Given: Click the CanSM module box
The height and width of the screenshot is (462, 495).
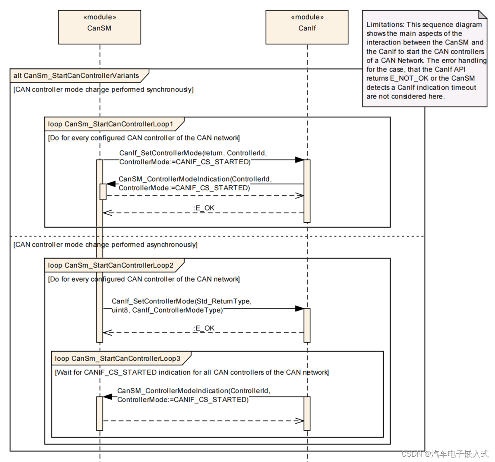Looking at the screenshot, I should click(x=99, y=27).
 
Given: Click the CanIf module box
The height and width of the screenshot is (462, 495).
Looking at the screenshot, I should click(x=307, y=27).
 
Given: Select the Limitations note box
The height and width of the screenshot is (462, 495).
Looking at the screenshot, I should click(x=424, y=60).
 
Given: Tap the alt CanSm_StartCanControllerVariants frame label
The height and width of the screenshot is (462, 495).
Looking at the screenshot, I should click(x=76, y=76).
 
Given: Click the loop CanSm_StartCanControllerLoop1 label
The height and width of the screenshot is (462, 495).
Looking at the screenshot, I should click(x=111, y=124).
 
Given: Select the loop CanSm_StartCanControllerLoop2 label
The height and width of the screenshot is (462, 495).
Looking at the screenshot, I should click(x=111, y=265).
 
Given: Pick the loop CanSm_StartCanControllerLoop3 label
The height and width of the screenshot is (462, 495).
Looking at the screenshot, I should click(x=118, y=359).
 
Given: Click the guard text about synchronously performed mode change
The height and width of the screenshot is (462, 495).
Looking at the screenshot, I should click(x=104, y=90).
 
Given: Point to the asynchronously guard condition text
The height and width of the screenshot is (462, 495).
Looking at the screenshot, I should click(x=106, y=245).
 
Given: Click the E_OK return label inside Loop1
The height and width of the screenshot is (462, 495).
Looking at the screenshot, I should click(x=204, y=208).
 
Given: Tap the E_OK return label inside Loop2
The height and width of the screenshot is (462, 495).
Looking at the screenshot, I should click(x=204, y=328).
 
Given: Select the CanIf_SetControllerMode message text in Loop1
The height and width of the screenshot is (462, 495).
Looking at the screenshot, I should click(x=193, y=157).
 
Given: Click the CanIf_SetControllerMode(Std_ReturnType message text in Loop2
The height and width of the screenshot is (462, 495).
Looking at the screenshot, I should click(x=181, y=306).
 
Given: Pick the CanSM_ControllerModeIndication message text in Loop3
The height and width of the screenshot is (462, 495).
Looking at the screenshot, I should click(x=194, y=395).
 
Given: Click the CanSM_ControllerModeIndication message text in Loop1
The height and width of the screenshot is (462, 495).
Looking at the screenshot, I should click(x=195, y=183).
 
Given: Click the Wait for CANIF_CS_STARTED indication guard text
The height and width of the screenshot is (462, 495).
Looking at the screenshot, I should click(x=192, y=372).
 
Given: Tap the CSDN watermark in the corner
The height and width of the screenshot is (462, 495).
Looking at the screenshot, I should click(x=445, y=454).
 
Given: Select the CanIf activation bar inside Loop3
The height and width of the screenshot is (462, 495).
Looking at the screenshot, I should click(x=307, y=413).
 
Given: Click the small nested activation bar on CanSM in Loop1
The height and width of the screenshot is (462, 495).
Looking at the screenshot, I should click(x=103, y=191).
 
